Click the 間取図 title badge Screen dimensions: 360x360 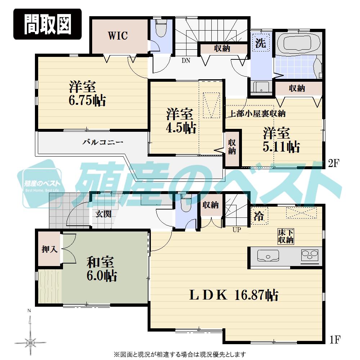(48, 24)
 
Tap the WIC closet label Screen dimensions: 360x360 (118, 36)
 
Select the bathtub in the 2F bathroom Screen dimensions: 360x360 (297, 44)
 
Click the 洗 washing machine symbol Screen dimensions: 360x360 (261, 44)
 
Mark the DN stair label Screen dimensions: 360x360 (186, 61)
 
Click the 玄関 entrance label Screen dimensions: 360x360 (103, 214)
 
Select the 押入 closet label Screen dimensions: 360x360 (50, 249)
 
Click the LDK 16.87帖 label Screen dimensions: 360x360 (234, 296)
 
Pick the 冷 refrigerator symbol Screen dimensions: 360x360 (258, 217)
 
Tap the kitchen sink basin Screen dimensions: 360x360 (268, 256)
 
